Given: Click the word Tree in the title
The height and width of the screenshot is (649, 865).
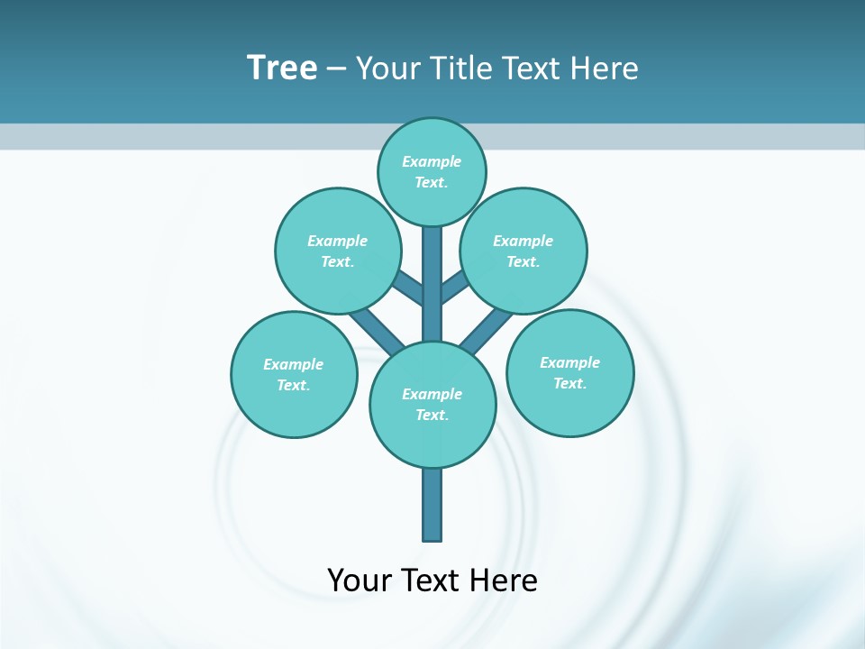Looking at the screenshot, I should pos(282,68).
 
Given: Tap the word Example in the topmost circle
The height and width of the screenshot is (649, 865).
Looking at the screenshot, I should pos(432,161).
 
